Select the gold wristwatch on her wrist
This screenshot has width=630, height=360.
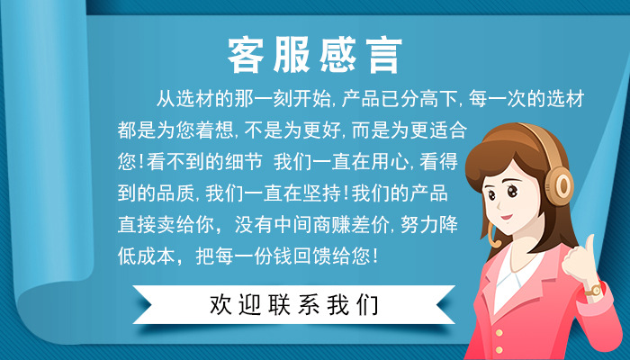[594, 290]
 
